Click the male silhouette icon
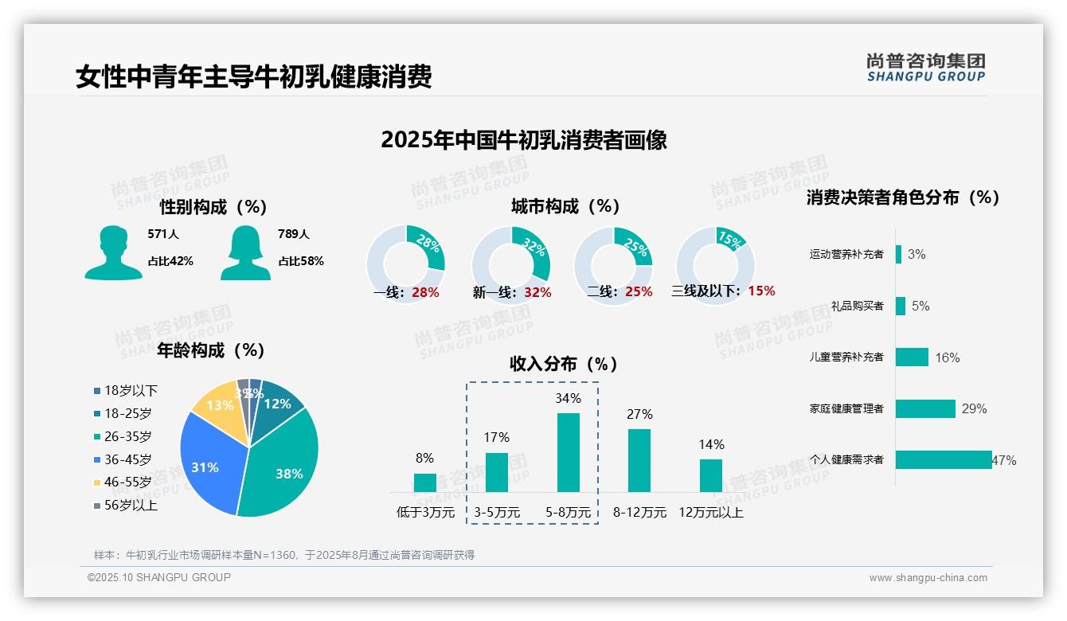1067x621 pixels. pyautogui.click(x=113, y=252)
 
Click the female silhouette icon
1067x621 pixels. pyautogui.click(x=244, y=252)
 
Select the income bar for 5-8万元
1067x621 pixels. pyautogui.click(x=568, y=451)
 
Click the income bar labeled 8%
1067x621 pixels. pyautogui.click(x=425, y=482)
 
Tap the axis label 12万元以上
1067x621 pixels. pyautogui.click(x=710, y=513)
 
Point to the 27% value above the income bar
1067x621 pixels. pyautogui.click(x=639, y=414)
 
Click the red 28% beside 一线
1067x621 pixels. pyautogui.click(x=425, y=292)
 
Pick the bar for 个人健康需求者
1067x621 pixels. pyautogui.click(x=943, y=459)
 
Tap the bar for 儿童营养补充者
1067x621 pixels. pyautogui.click(x=912, y=357)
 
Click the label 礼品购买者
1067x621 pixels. pyautogui.click(x=857, y=306)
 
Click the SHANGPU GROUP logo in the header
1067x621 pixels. pyautogui.click(x=925, y=68)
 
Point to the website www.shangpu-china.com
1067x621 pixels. pyautogui.click(x=928, y=578)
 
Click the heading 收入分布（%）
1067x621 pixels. pyautogui.click(x=564, y=364)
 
